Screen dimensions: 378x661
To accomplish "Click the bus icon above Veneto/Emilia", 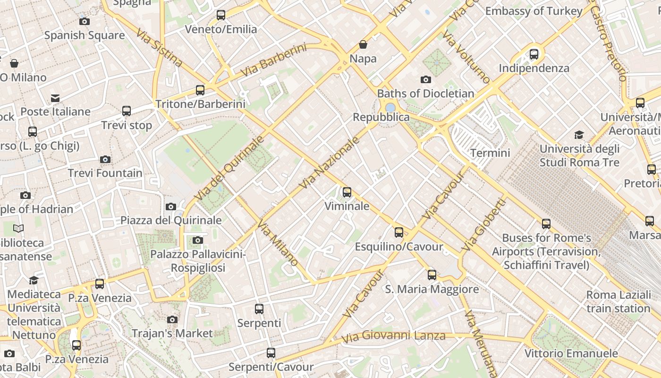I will click(x=220, y=15).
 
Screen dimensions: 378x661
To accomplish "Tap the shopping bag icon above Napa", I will click(x=363, y=44).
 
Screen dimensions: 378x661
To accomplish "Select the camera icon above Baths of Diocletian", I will click(x=426, y=79).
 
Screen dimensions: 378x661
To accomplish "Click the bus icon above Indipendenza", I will click(x=534, y=54).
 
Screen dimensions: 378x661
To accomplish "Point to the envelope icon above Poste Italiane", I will click(x=55, y=98).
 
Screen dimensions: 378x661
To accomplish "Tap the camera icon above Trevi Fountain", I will click(x=105, y=159).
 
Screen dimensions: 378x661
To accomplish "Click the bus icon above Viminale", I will click(x=347, y=192).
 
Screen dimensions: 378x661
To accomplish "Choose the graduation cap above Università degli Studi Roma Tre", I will click(x=579, y=135).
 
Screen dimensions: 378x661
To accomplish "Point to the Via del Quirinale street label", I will click(x=229, y=168).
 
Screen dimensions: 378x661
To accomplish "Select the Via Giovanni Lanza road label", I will click(x=394, y=336).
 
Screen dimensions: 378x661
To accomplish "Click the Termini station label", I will click(x=490, y=153).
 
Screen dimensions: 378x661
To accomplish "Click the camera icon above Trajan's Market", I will click(x=172, y=319).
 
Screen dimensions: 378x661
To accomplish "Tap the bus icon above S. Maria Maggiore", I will click(x=432, y=275).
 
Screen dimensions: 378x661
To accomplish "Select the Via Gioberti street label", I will click(x=483, y=225).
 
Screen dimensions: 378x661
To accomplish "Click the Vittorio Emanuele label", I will click(x=571, y=353).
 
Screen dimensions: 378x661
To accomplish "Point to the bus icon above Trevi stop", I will click(x=127, y=111).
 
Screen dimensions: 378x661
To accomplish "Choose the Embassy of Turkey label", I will click(x=534, y=11).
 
